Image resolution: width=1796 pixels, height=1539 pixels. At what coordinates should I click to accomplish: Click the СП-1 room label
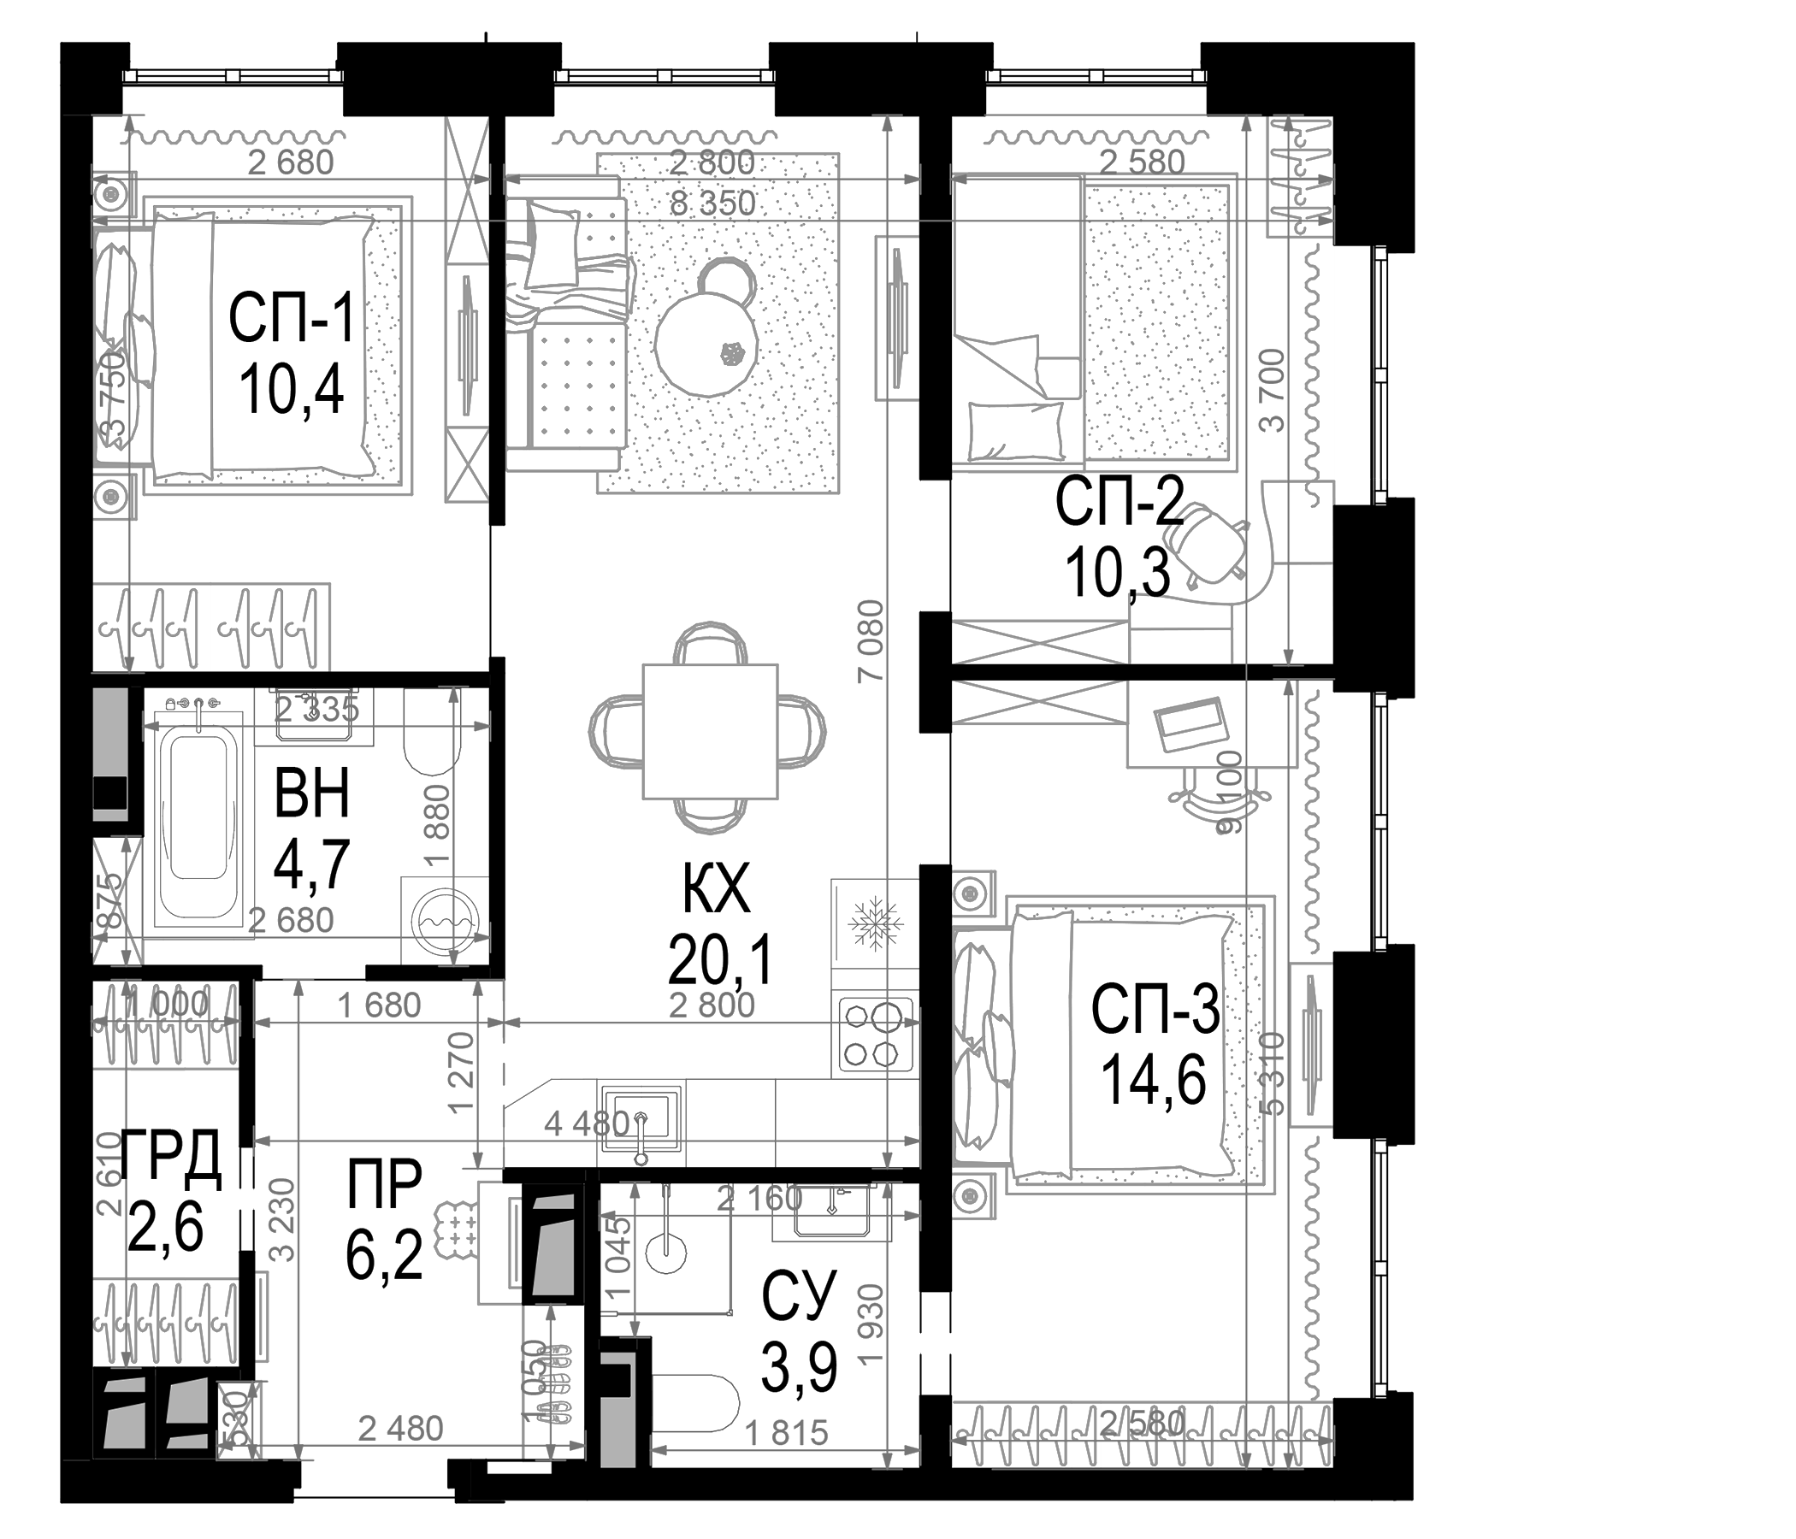pyautogui.click(x=292, y=319)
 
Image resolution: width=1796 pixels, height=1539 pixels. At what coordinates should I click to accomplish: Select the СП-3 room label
pyautogui.click(x=1155, y=1011)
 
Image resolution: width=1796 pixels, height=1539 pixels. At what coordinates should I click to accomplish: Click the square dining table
pyautogui.click(x=710, y=731)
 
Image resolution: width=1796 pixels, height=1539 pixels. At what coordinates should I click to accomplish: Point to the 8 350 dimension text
pyautogui.click(x=712, y=203)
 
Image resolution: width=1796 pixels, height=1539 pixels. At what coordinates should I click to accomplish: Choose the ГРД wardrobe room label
pyautogui.click(x=170, y=1159)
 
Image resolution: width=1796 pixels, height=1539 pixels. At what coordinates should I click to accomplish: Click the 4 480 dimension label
pyautogui.click(x=585, y=1124)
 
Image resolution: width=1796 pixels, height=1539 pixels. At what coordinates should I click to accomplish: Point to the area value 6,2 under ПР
pyautogui.click(x=384, y=1258)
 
